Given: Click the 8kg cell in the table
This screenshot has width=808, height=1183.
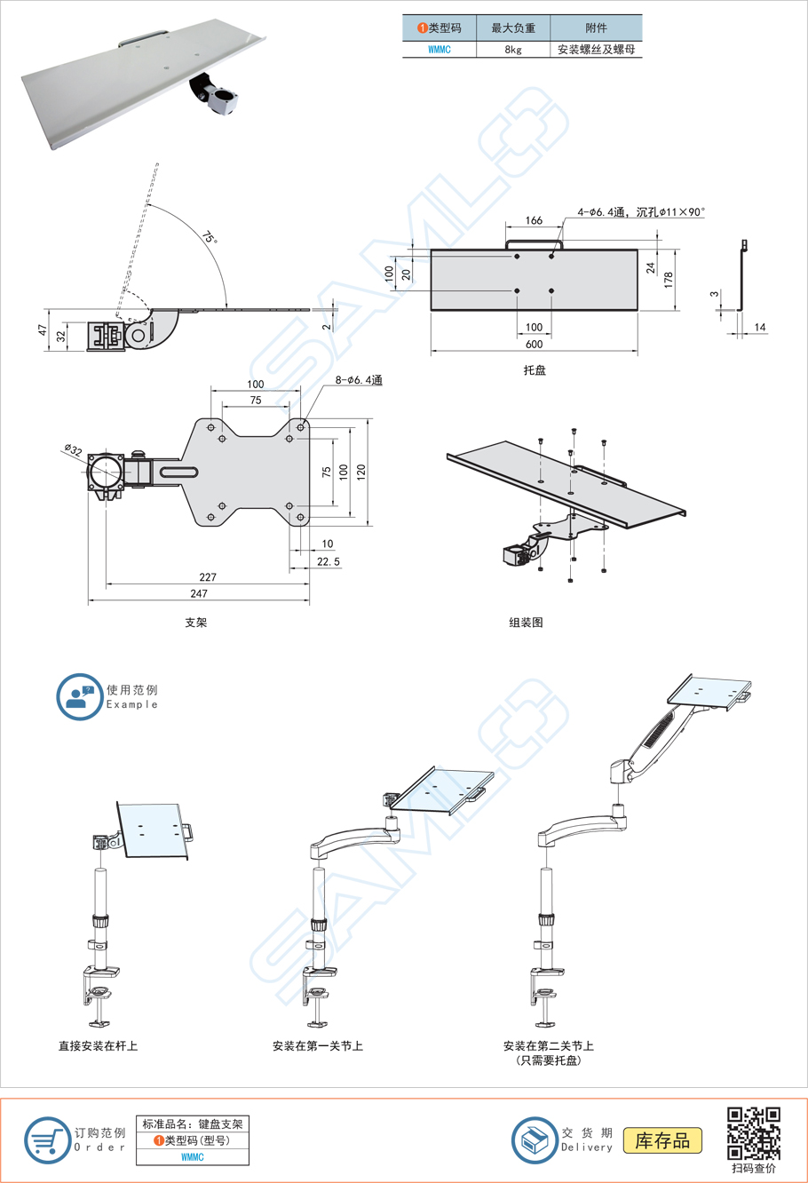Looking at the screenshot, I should (513, 50).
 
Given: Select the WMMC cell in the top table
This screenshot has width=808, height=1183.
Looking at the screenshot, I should (440, 50).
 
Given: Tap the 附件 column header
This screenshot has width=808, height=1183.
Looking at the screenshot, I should (596, 28).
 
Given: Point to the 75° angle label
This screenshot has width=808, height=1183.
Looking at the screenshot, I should (209, 237).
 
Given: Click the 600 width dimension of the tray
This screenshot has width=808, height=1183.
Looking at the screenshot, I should (534, 345).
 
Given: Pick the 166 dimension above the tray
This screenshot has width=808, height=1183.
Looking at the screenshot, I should (534, 220).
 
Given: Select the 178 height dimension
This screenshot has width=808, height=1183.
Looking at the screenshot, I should (669, 278).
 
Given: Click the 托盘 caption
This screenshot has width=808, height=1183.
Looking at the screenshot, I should (535, 370).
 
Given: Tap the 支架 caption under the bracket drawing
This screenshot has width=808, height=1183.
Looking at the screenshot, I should (196, 623).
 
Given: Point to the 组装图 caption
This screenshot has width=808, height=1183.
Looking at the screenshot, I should (526, 623).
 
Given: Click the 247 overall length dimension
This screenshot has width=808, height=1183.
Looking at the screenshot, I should (199, 593).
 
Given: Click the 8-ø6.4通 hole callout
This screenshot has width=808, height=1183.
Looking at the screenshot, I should (359, 380).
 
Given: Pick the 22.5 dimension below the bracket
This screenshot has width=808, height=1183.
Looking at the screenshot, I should (328, 561).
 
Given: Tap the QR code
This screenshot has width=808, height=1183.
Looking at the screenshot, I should (754, 1133).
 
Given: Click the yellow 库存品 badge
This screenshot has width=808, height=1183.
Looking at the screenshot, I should (662, 1140).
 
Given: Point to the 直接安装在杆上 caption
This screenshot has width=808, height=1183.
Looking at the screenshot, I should (99, 1046).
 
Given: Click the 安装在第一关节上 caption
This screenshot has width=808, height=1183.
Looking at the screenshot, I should (318, 1046).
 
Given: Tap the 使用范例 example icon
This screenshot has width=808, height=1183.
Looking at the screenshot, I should (79, 696).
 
